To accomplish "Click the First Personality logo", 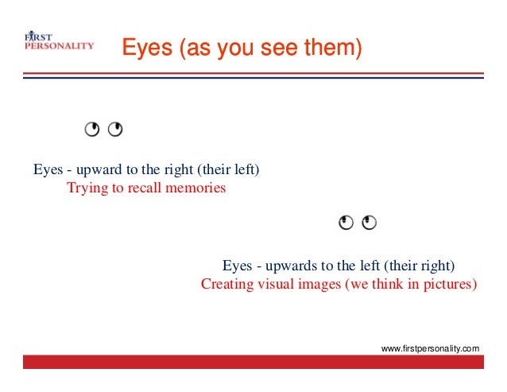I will [x=58, y=41].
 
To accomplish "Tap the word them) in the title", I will [x=333, y=49].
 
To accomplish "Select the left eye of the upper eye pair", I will [x=93, y=130].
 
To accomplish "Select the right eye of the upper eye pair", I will [x=115, y=130].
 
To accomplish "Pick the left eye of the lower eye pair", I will [x=346, y=223].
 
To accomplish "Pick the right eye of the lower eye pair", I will [x=368, y=223].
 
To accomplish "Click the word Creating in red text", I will [x=225, y=284].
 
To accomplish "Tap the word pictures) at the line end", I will [x=451, y=284].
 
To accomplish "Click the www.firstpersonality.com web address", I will [x=431, y=348].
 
